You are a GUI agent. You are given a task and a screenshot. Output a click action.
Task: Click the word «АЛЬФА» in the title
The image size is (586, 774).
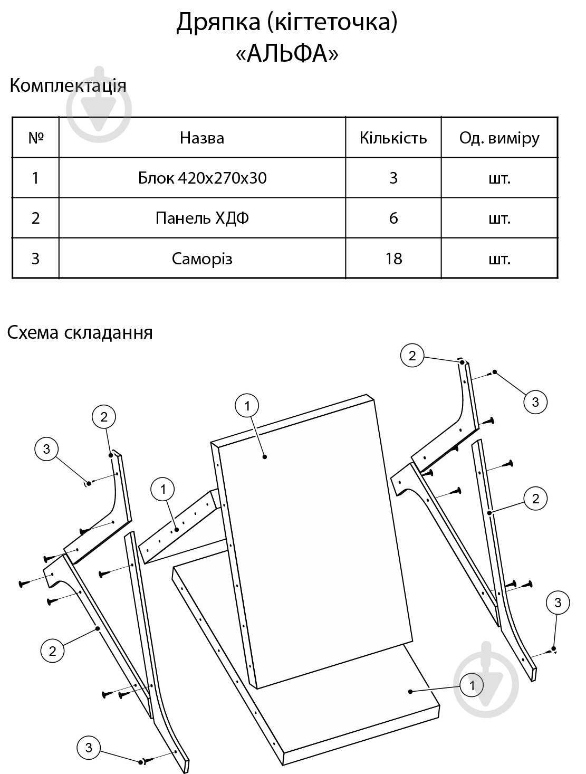click(x=287, y=54)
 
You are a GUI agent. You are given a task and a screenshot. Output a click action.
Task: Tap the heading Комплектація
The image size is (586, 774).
click(x=68, y=85)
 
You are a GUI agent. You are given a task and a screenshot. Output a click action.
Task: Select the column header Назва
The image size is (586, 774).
click(x=202, y=138)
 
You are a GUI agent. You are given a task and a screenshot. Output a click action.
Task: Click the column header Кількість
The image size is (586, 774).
click(x=393, y=138)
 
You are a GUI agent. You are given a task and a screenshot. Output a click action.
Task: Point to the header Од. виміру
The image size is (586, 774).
click(x=499, y=138)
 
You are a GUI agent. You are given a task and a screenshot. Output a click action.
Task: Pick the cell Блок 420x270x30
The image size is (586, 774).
click(x=202, y=178)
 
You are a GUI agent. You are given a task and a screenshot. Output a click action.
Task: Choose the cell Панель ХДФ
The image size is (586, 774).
click(x=202, y=218)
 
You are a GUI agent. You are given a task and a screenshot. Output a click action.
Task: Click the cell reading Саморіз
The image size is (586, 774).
click(x=202, y=259)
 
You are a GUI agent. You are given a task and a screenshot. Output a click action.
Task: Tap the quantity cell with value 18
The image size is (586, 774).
click(x=393, y=259)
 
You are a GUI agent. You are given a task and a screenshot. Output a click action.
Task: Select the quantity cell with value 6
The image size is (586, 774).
click(x=393, y=218)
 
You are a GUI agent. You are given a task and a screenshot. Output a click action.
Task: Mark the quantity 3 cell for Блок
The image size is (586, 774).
click(x=393, y=178)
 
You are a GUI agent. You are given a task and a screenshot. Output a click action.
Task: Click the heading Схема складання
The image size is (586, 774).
click(x=80, y=332)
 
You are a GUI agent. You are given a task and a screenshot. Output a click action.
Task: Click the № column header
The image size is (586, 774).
click(x=36, y=138)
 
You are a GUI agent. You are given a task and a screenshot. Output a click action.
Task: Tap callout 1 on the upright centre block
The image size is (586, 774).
click(x=247, y=406)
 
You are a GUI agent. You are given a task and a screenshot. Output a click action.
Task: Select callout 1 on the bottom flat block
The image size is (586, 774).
click(x=472, y=685)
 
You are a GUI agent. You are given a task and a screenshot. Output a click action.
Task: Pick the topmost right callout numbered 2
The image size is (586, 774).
click(x=412, y=356)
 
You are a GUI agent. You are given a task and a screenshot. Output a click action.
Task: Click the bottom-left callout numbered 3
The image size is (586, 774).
click(x=89, y=747)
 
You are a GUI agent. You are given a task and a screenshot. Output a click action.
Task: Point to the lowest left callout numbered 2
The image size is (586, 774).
click(x=53, y=651)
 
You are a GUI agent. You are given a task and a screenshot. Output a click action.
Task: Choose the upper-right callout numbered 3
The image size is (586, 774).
click(x=535, y=402)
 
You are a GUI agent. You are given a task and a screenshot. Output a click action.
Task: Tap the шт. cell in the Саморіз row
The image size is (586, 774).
click(x=499, y=260)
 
